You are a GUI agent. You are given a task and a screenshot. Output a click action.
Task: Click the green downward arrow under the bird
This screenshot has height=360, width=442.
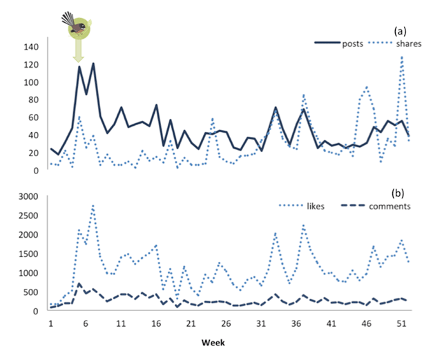tap(79, 50)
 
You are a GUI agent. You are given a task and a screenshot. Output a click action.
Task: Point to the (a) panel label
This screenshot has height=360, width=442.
tap(399, 31)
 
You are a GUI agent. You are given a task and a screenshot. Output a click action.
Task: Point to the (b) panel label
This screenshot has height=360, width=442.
tap(400, 192)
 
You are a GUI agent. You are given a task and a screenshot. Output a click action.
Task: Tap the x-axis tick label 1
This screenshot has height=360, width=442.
tap(51, 323)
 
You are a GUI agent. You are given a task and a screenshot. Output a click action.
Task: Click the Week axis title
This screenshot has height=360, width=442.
tap(214, 343)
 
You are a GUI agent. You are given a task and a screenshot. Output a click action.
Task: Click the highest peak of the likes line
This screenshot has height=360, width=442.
tap(93, 205)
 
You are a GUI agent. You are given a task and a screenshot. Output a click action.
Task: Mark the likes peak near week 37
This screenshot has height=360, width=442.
tap(303, 225)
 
